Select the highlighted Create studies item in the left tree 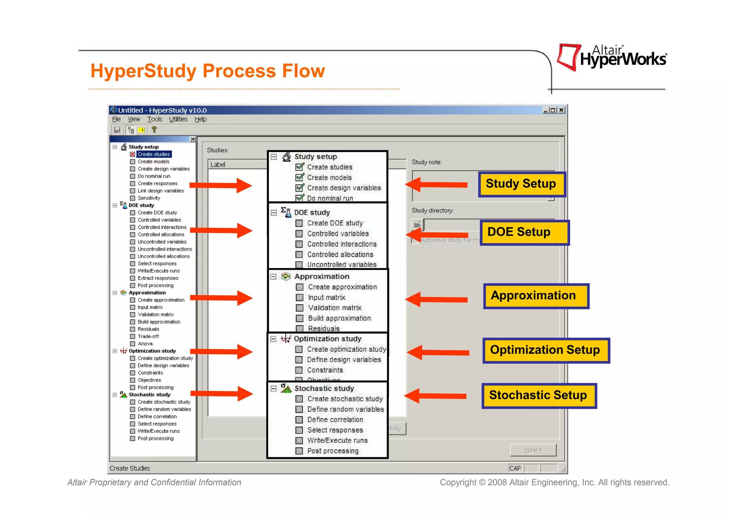tap(154, 154)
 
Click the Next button tap(533, 450)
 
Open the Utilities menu tap(178, 119)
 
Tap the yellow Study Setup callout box tap(521, 184)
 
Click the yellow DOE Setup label tap(524, 232)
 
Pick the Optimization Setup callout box tap(546, 350)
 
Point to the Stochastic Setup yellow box tap(539, 395)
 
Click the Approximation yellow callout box tap(536, 296)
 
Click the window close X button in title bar tap(561, 110)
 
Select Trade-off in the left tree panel tap(148, 336)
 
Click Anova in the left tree tap(145, 344)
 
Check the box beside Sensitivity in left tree tap(132, 198)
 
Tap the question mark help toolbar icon tap(154, 130)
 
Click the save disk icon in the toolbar tap(117, 130)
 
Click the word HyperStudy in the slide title tap(143, 71)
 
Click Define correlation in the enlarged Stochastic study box tap(335, 420)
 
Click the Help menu tap(200, 119)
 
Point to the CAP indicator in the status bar tap(515, 468)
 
